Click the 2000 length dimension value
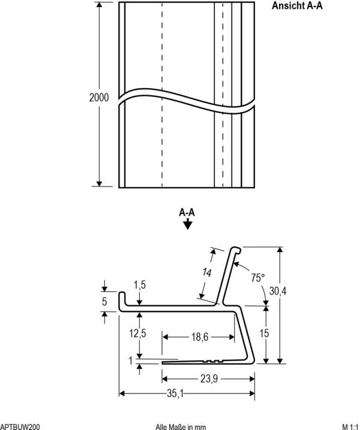[99, 98]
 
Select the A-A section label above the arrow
[187, 212]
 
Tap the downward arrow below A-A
[188, 225]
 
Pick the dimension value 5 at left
[104, 302]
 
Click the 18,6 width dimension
[200, 338]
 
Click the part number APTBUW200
[20, 426]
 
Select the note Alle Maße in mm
[180, 426]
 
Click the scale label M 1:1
[348, 426]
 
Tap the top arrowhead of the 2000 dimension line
[100, 5]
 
